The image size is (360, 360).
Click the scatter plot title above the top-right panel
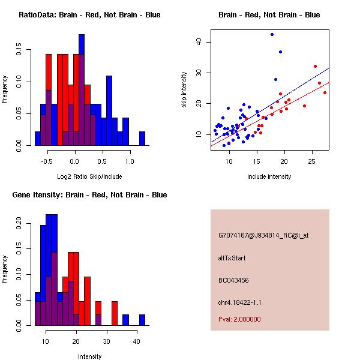(269, 15)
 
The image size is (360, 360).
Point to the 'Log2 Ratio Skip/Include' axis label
(90, 176)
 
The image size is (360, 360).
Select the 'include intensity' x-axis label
(269, 176)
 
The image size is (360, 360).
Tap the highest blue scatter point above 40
(272, 34)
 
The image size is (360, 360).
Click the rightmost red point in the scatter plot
(325, 92)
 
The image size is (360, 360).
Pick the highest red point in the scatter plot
(315, 66)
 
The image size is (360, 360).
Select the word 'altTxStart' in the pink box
(232, 258)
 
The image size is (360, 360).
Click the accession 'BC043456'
(234, 280)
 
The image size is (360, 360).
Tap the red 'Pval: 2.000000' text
(239, 319)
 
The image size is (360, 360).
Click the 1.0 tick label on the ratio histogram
(129, 161)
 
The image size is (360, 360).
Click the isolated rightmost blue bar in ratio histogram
(142, 138)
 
